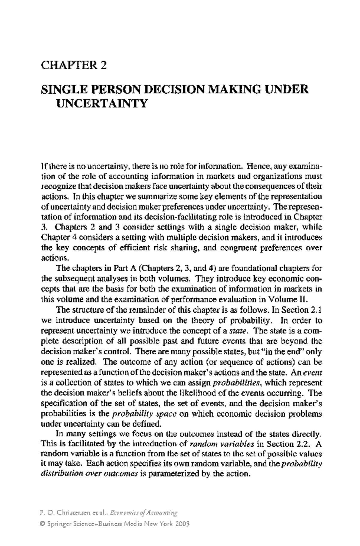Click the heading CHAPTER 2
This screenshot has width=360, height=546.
pos(74,65)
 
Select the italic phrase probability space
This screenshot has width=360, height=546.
pos(144,414)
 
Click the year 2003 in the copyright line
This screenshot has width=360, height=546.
pos(182,524)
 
